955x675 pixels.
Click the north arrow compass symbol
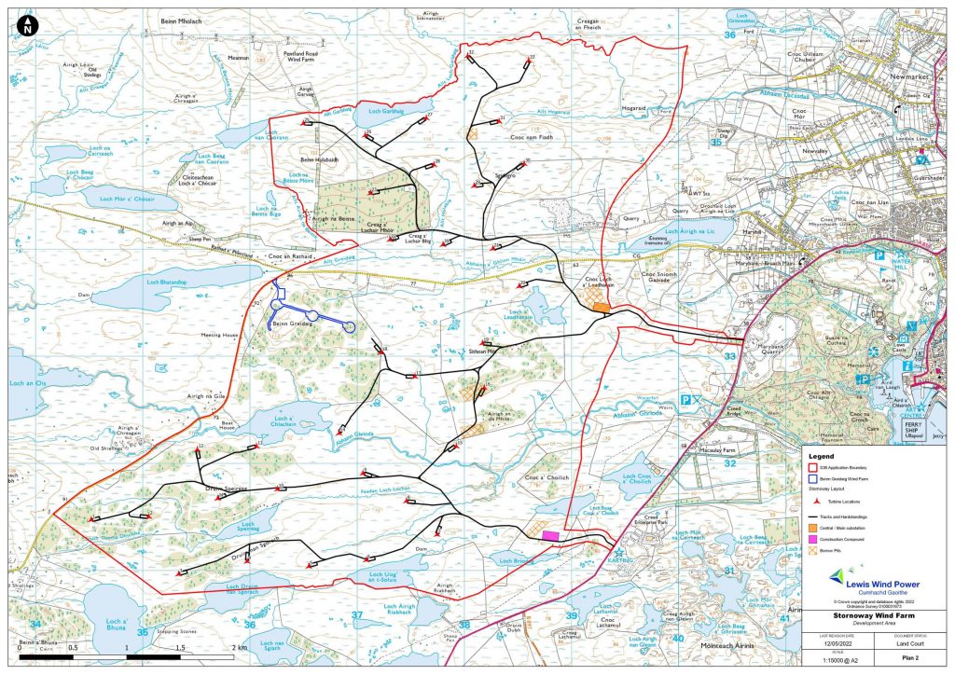tap(27, 27)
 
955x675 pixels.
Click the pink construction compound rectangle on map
tap(551, 536)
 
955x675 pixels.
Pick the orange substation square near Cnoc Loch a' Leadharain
tap(601, 306)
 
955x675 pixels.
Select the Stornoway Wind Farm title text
tap(878, 615)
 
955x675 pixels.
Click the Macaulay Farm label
tap(718, 449)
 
